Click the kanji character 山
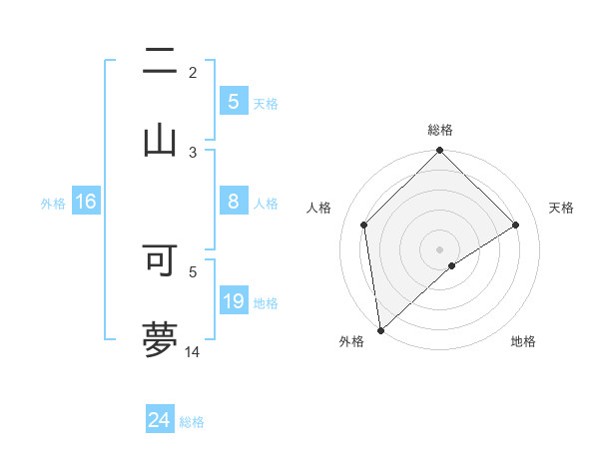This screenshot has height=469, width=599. (x=160, y=139)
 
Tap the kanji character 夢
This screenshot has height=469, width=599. (x=160, y=338)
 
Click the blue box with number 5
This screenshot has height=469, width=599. (x=233, y=102)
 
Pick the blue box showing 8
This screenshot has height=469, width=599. (x=233, y=202)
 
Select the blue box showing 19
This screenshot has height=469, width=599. (x=233, y=301)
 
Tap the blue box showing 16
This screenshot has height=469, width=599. (x=86, y=202)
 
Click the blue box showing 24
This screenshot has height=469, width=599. (x=159, y=420)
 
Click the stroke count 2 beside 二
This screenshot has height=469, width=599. (x=193, y=72)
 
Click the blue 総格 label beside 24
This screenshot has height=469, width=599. (x=192, y=422)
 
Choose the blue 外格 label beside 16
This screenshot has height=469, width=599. (x=53, y=203)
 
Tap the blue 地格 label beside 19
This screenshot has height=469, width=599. (x=266, y=302)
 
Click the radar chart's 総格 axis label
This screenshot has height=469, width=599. (x=439, y=130)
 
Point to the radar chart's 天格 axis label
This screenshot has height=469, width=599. (x=562, y=208)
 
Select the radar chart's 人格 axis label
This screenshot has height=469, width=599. (x=319, y=208)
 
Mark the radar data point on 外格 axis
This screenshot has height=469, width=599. (x=380, y=329)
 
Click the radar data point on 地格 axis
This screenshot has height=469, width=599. (x=452, y=265)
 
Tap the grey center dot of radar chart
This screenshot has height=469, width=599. (x=439, y=248)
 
